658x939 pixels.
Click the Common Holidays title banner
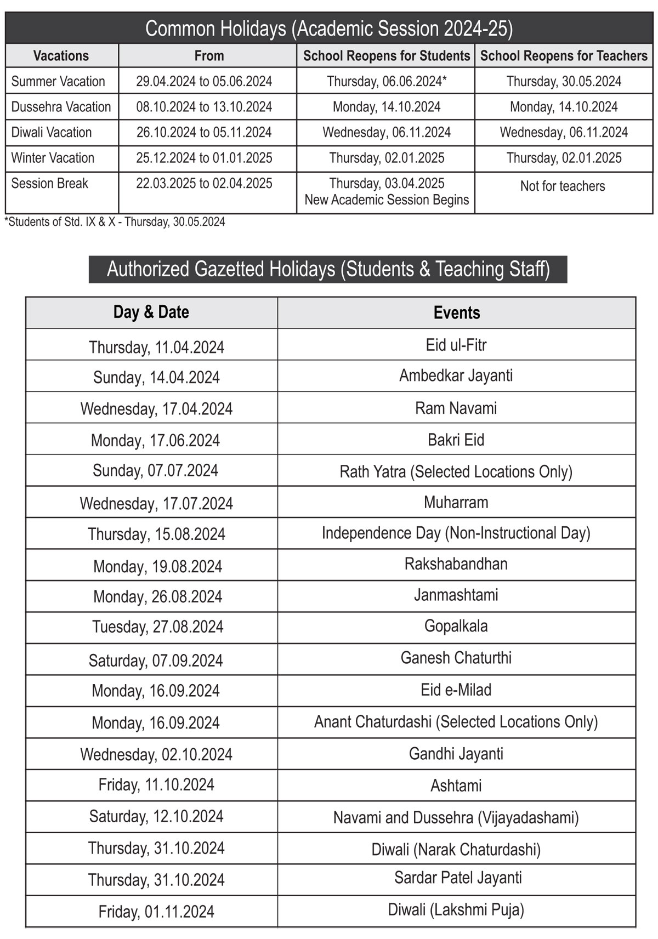(329, 29)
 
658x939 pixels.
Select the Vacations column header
(61, 56)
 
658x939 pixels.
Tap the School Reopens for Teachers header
(564, 56)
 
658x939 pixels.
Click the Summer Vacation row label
(58, 82)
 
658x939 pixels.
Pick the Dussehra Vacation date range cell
(204, 107)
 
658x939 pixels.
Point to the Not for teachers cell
(563, 186)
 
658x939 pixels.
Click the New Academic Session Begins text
(387, 200)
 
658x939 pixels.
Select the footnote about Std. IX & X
(115, 222)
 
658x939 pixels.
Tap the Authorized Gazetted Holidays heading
(328, 269)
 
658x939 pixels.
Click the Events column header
(456, 313)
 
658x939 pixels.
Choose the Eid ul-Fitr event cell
(456, 345)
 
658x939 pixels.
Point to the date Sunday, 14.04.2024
(156, 377)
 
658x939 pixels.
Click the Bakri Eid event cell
(456, 440)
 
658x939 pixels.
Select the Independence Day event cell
(456, 533)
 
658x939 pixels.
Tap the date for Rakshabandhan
(157, 566)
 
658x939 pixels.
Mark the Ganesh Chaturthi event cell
(456, 658)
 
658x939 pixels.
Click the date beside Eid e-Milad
(156, 691)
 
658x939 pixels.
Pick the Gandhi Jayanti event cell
(456, 754)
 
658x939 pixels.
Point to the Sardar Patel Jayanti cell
(458, 878)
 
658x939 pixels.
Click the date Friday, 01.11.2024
(156, 912)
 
